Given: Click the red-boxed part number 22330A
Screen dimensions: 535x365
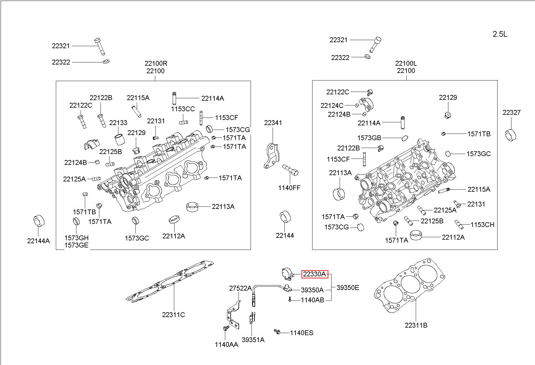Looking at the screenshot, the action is point(314,274).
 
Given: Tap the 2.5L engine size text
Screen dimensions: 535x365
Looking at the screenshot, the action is point(500,34).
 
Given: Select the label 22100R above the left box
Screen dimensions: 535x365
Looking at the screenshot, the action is point(156,63).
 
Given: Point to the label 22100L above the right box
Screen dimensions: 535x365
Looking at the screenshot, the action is point(406,63).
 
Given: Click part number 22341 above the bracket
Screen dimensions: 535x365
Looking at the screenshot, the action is point(273,123).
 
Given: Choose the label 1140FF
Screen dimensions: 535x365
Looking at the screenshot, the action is point(289,188).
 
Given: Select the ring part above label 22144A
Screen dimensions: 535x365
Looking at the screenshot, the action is point(38,221).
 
